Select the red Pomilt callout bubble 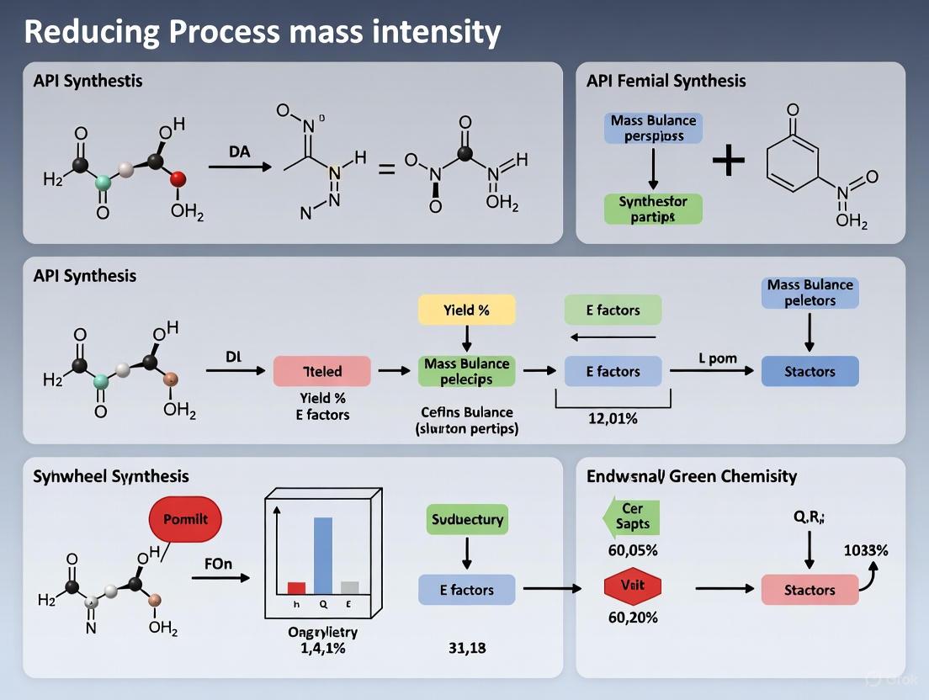tap(185, 519)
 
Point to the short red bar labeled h tap(296, 588)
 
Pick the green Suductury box tap(467, 519)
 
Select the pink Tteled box tap(321, 371)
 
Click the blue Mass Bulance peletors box tap(810, 293)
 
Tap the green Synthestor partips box tap(653, 209)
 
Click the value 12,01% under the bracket tap(612, 419)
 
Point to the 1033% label tap(865, 551)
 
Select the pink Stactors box tap(810, 590)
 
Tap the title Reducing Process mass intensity tap(262, 32)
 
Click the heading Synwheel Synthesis tap(111, 476)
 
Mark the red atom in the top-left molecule tap(177, 178)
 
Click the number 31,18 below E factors tap(466, 648)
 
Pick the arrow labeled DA tap(240, 167)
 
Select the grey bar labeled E tap(349, 587)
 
